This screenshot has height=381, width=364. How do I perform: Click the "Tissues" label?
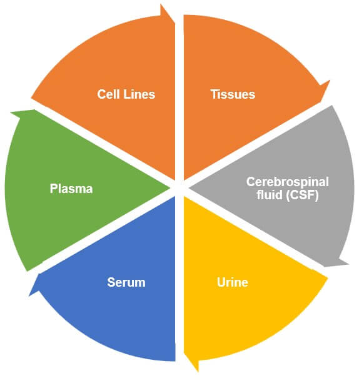pyautogui.click(x=232, y=94)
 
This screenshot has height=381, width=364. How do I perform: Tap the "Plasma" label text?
pyautogui.click(x=71, y=188)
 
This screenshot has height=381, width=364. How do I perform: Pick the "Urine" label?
pyautogui.click(x=232, y=282)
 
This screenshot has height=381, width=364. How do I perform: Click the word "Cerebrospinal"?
pyautogui.click(x=287, y=182)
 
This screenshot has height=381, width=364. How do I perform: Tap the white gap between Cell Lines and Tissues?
pyautogui.click(x=179, y=94)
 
